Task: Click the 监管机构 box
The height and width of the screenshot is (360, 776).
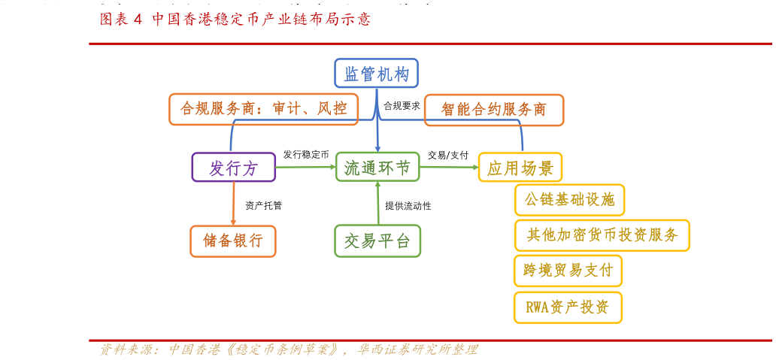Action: coord(376,74)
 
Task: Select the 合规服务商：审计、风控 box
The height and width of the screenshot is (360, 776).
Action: coord(263,109)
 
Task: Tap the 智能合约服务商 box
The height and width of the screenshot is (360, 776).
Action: coord(493,110)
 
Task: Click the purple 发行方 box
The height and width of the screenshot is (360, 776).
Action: coord(233,168)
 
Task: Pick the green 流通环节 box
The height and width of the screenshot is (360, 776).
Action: coord(377,167)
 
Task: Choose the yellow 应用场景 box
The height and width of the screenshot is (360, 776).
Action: coord(520,168)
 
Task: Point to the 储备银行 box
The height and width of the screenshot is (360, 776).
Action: coord(232,241)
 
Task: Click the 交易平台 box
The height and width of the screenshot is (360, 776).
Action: coord(377,241)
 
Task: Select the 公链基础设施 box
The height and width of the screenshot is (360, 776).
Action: coord(569,200)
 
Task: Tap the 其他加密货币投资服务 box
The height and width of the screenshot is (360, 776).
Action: coord(602,235)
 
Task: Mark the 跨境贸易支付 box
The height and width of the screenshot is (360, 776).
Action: coord(568,271)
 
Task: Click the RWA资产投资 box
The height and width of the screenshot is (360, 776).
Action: coord(568,307)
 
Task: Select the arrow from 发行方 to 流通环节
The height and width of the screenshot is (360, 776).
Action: coord(305,167)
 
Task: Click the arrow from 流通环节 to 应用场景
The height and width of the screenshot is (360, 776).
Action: coord(449,167)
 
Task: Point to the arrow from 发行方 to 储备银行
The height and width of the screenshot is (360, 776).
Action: coord(233,204)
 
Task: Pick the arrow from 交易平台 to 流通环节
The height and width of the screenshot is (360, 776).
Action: coord(377,203)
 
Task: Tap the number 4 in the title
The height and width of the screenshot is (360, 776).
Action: coord(138,20)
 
